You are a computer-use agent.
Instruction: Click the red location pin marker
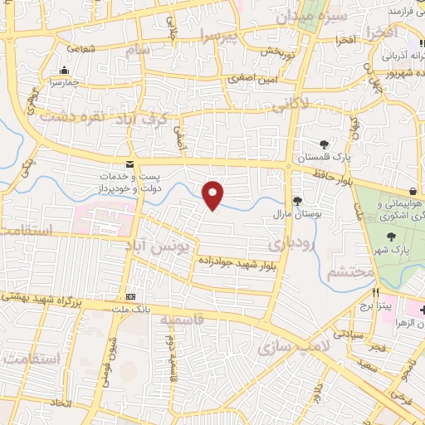(213, 194)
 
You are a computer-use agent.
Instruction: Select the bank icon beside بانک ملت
(130, 296)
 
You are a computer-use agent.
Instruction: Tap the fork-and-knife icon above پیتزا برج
(375, 292)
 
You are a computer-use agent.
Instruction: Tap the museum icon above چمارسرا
(64, 70)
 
